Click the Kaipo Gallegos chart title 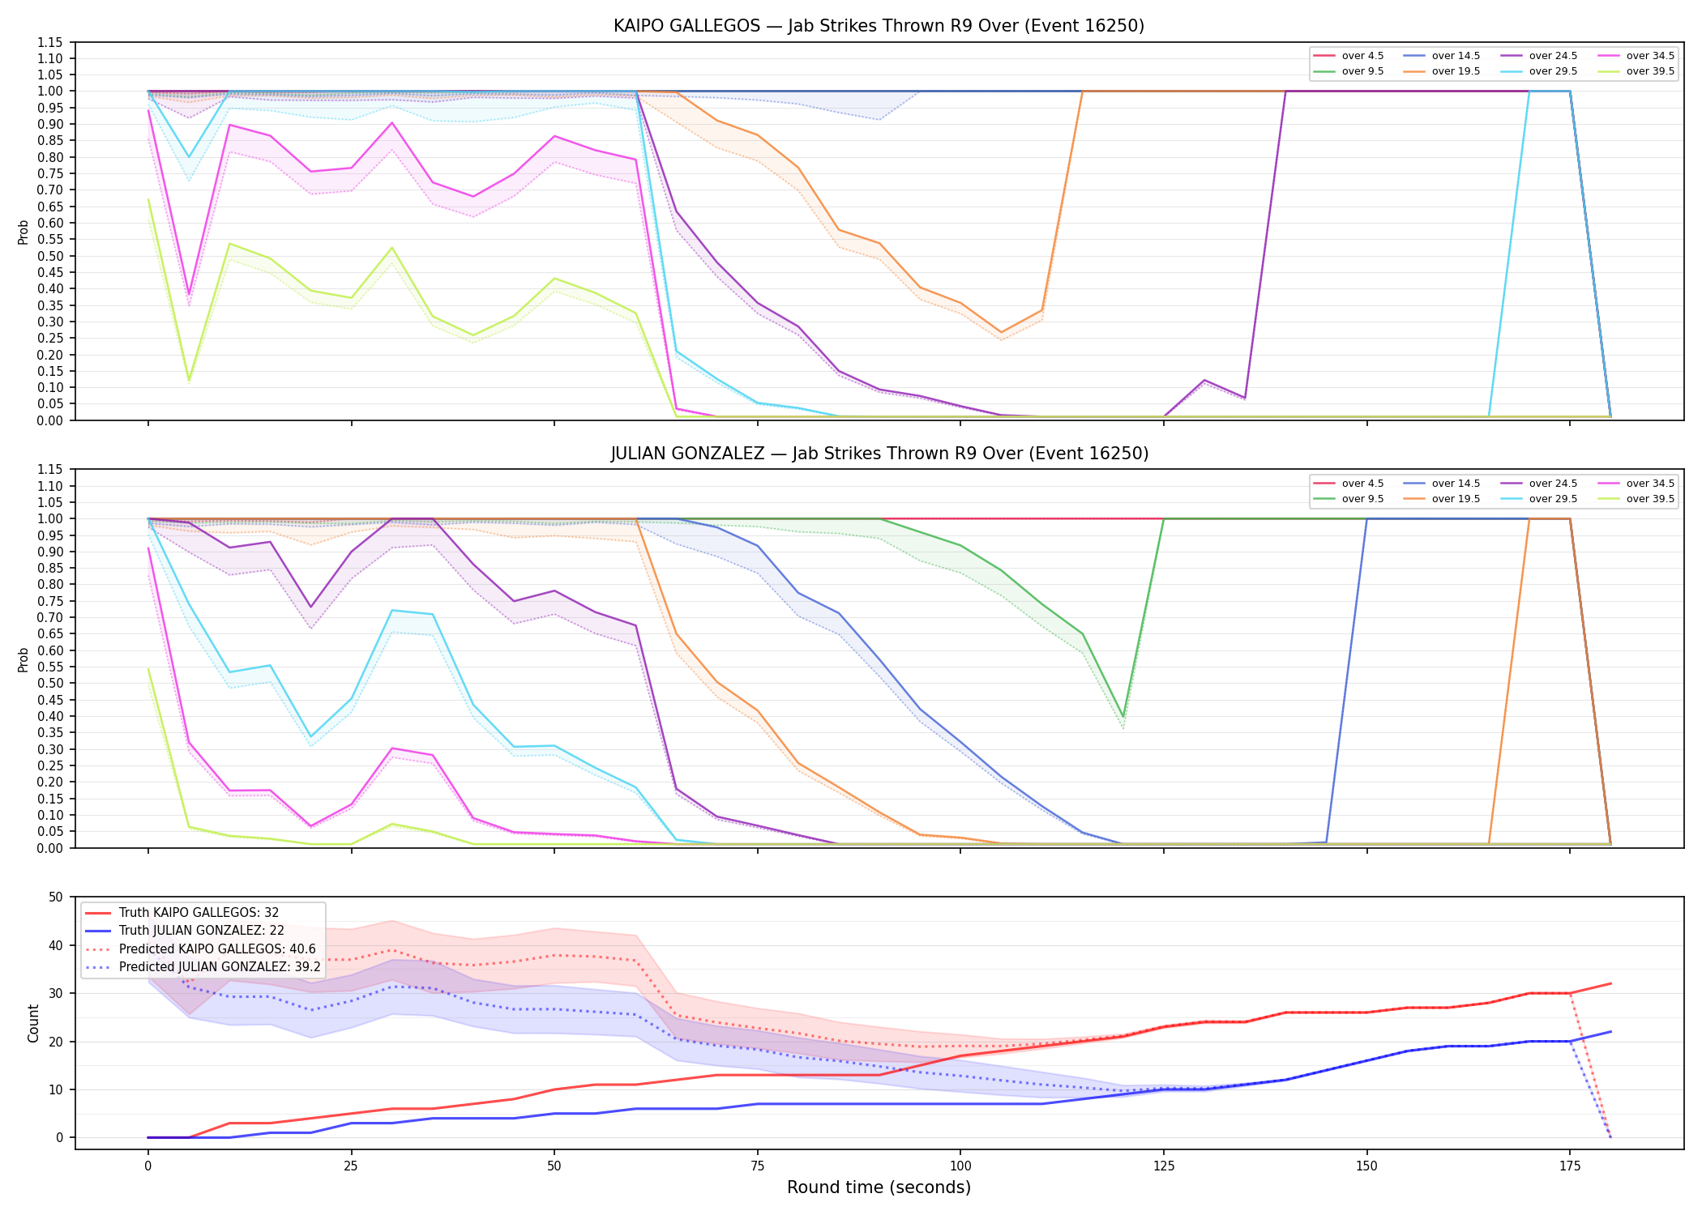879,26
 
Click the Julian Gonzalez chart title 879,454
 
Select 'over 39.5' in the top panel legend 1650,71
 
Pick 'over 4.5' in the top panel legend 1362,56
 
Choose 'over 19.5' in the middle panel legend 1456,499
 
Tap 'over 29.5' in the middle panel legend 1553,499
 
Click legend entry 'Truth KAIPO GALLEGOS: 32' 199,913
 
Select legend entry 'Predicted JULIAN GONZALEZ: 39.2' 220,967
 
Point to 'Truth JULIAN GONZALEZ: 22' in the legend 202,931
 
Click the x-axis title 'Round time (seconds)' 879,1187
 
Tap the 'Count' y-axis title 33,1023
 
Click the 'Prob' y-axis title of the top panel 24,232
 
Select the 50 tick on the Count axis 56,897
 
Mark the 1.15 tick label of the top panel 50,42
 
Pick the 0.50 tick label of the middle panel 50,684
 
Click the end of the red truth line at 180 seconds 1610,983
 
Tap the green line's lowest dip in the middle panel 1123,717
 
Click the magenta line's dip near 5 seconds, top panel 189,294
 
